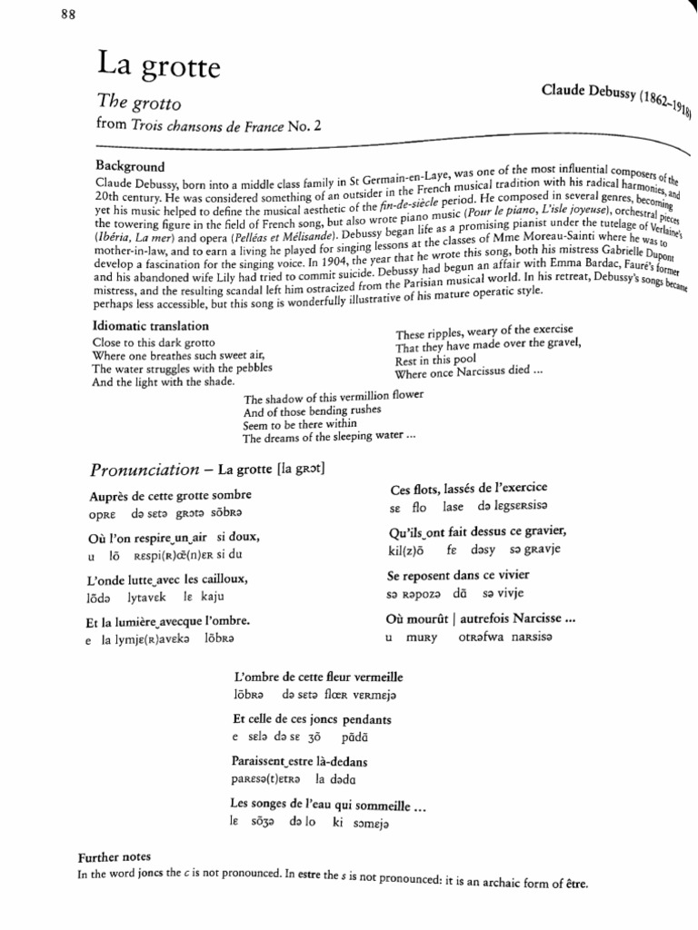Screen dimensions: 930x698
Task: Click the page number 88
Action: [x=69, y=13]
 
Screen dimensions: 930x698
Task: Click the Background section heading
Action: [x=130, y=166]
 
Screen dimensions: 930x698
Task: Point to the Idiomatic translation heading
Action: [x=151, y=325]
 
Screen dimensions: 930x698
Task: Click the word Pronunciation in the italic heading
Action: [x=145, y=470]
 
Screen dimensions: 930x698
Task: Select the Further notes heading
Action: [x=114, y=856]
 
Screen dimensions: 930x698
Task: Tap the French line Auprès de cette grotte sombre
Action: [x=170, y=495]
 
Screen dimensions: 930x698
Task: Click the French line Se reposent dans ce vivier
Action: [x=458, y=575]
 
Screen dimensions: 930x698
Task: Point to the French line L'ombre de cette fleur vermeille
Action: [x=318, y=677]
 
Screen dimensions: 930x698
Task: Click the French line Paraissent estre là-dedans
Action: [x=300, y=761]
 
